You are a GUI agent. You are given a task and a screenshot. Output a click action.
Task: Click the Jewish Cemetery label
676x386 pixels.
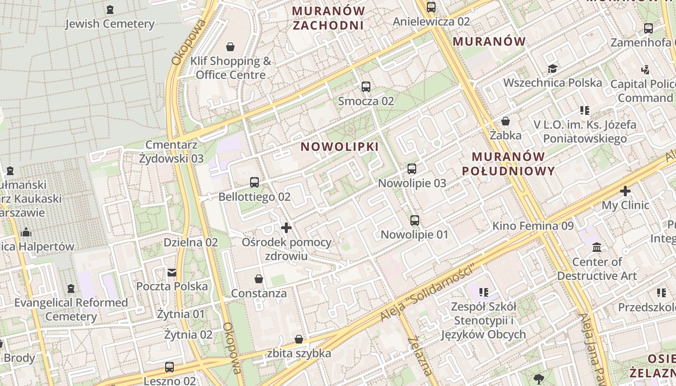[x=110, y=24]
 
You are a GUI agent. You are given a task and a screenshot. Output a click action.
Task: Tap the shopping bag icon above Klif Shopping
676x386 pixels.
[x=230, y=47]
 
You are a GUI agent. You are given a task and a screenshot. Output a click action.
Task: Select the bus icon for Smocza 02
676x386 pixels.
[x=366, y=87]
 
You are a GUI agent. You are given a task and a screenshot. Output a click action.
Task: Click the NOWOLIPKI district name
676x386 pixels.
[x=339, y=147]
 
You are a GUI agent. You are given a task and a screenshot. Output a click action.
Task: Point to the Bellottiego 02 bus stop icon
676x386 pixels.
[x=254, y=182]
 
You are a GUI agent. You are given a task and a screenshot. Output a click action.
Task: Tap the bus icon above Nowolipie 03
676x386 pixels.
[x=412, y=169]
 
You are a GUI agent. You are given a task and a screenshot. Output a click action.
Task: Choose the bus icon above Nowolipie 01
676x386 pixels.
[x=415, y=221]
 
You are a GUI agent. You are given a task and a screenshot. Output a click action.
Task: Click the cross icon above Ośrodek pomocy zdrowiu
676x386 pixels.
[x=286, y=227]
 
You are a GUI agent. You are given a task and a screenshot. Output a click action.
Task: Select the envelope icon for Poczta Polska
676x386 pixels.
[x=172, y=273]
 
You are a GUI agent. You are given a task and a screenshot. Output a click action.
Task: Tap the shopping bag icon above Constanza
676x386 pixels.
[x=259, y=279]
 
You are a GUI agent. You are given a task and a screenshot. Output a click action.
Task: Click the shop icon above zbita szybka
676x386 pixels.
[x=299, y=339]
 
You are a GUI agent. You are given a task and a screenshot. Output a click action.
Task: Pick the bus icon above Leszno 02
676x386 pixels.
[x=169, y=367]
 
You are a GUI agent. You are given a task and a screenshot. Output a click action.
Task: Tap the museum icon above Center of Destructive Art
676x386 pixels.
[x=597, y=248]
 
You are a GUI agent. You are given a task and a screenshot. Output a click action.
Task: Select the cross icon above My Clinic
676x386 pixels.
[x=625, y=191]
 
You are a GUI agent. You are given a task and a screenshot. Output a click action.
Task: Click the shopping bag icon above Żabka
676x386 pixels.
[x=506, y=121]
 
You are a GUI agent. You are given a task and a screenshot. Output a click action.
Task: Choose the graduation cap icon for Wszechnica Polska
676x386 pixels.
[x=552, y=69]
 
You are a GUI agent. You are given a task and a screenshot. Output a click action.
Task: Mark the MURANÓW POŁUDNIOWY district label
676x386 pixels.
[x=508, y=164]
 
